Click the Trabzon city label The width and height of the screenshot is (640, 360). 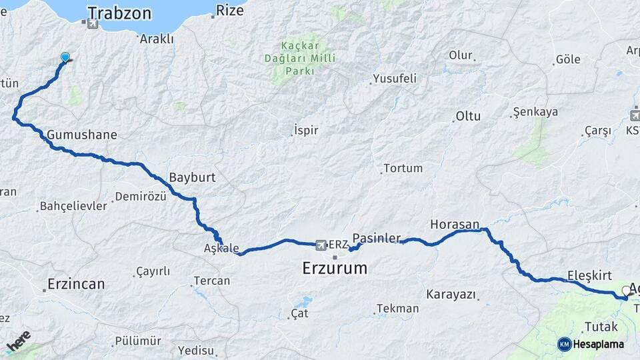[x=119, y=13]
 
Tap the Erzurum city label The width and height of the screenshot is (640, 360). [x=335, y=268]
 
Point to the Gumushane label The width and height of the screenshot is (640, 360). [x=82, y=135]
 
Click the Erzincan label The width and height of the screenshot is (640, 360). [x=76, y=284]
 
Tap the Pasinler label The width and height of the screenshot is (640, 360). [x=376, y=237]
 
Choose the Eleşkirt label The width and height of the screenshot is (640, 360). [x=589, y=275]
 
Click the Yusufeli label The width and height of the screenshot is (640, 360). [x=395, y=79]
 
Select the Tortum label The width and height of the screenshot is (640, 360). [x=403, y=168]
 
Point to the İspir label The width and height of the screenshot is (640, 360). [x=306, y=130]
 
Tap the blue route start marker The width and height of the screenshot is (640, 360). [x=65, y=57]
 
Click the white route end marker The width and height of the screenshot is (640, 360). [x=626, y=290]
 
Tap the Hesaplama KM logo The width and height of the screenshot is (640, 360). [x=591, y=344]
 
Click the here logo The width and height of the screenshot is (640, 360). [x=19, y=341]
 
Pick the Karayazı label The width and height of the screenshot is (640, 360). [x=451, y=294]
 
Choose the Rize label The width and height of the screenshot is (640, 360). [x=231, y=11]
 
